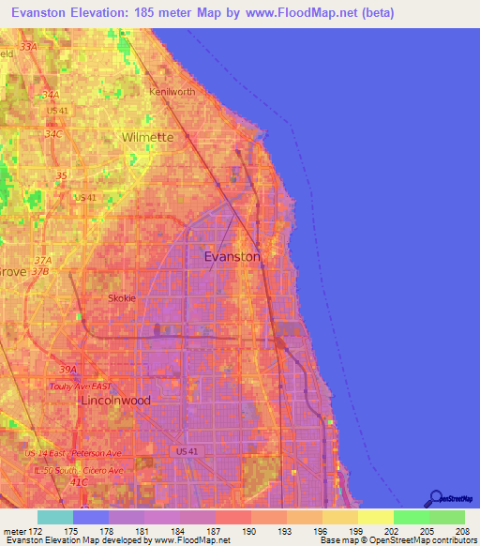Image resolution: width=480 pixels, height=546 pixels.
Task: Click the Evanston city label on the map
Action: click(232, 256)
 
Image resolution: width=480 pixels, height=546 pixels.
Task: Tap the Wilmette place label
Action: click(147, 137)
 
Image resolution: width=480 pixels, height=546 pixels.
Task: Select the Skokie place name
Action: click(121, 298)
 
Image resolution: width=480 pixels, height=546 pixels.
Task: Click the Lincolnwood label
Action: click(116, 400)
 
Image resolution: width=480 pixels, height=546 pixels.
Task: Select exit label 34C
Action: click(52, 134)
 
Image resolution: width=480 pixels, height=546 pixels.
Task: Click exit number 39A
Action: click(67, 370)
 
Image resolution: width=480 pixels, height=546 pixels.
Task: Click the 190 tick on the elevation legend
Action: click(249, 532)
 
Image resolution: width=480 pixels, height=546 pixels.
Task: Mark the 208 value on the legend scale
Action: click(463, 532)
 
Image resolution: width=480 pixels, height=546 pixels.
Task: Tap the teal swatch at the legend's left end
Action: click(55, 517)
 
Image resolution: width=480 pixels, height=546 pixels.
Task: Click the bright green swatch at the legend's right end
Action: click(446, 517)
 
